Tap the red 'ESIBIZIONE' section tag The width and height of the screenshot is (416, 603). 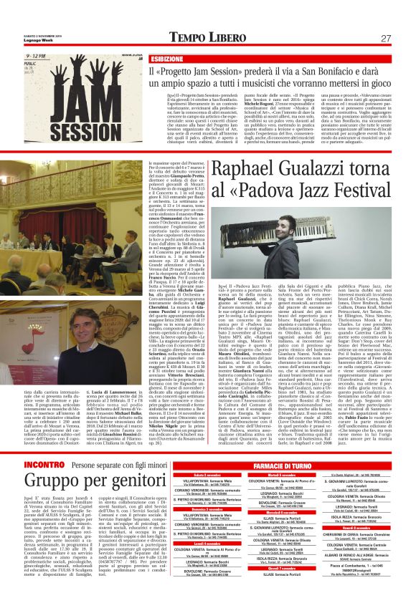166,58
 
